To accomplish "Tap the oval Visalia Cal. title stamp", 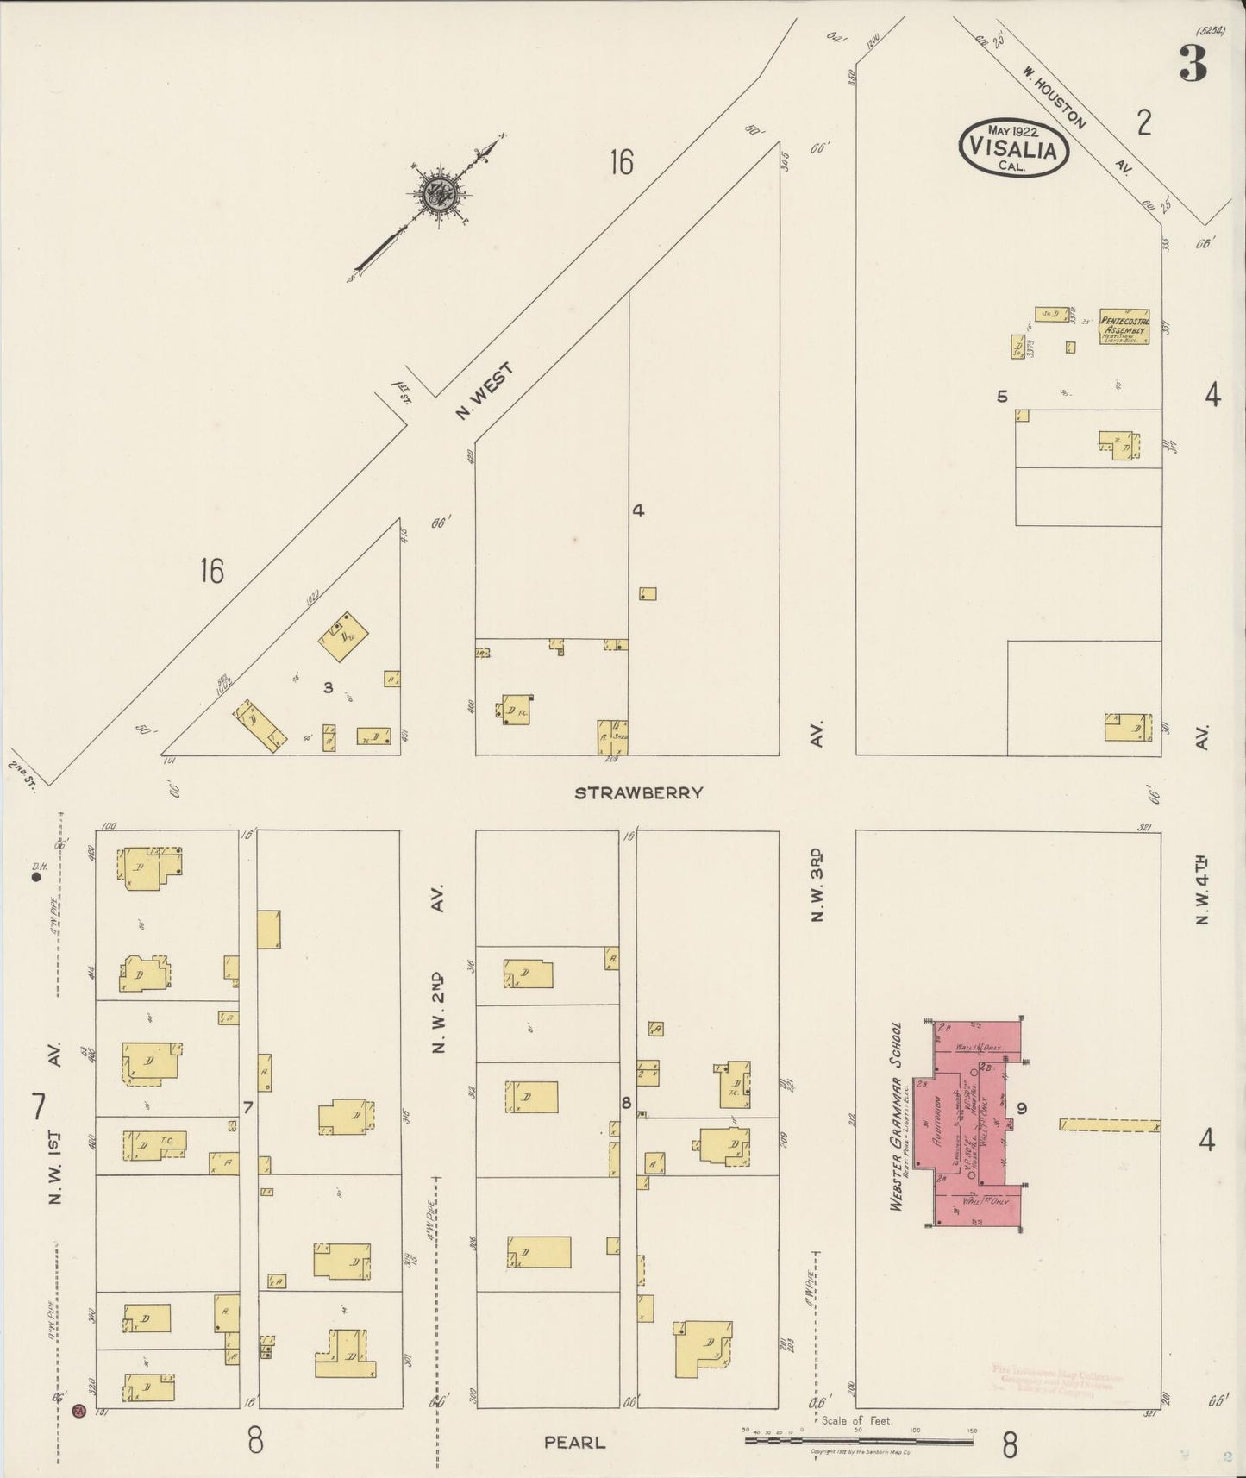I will click(x=1013, y=147).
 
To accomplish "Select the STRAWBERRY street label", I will click(x=639, y=792).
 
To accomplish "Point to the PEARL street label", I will click(x=574, y=1442).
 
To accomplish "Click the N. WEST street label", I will click(x=485, y=391).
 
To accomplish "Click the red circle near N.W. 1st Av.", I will click(x=78, y=1411).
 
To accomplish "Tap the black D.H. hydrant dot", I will click(x=37, y=878).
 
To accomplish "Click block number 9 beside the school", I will click(x=1021, y=1109).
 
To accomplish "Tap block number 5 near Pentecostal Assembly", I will click(x=1002, y=397).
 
